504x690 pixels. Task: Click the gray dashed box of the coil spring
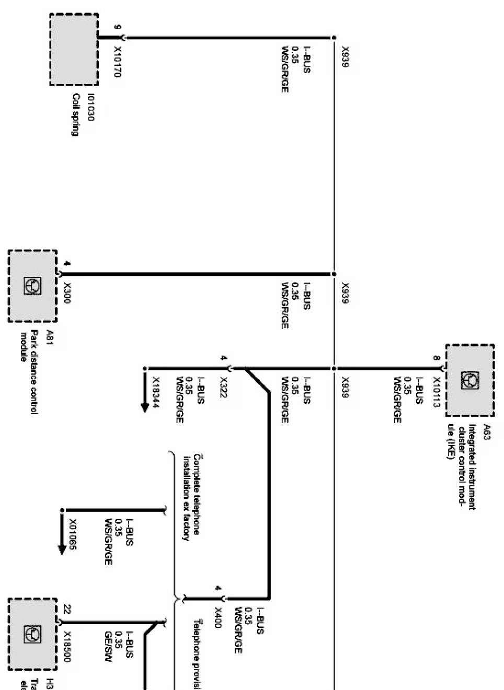click(73, 50)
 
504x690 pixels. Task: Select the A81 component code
click(50, 335)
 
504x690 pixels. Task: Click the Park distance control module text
click(29, 372)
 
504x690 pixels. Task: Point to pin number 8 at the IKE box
click(436, 358)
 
